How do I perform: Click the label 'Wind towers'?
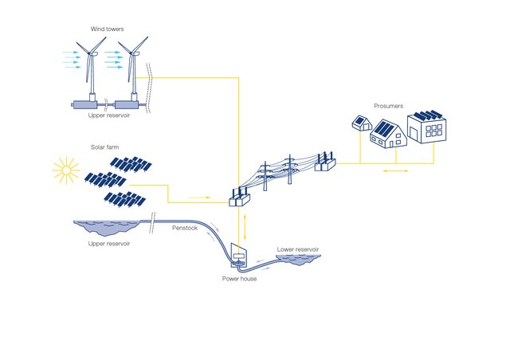point(106,29)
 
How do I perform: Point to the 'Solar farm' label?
point(106,147)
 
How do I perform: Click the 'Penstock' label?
point(184,229)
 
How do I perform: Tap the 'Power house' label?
point(240,279)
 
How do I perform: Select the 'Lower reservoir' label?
point(298,249)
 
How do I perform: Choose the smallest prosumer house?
point(360,123)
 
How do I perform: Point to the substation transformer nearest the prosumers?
point(324,162)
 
